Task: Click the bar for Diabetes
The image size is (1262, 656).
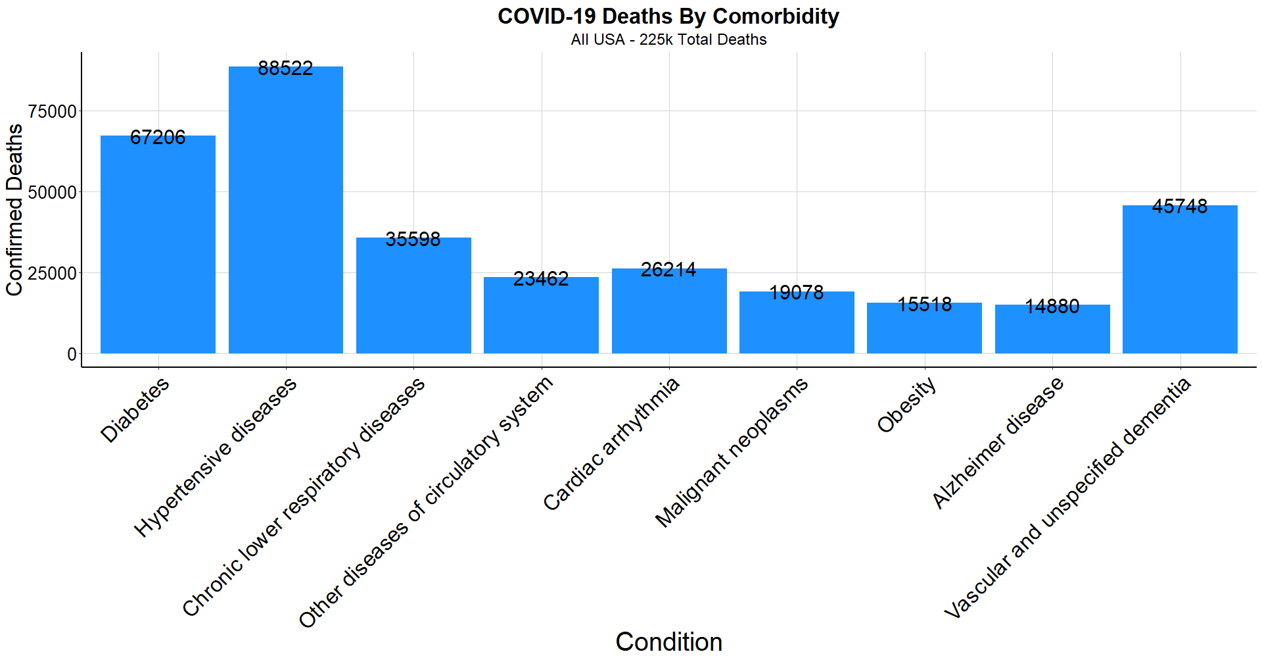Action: (x=158, y=250)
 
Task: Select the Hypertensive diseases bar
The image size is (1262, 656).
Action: (x=285, y=217)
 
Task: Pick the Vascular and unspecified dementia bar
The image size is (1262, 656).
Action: (x=1180, y=283)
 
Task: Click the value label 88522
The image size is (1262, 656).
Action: (x=285, y=68)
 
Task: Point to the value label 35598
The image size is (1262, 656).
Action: (x=413, y=240)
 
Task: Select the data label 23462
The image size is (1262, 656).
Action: (x=541, y=279)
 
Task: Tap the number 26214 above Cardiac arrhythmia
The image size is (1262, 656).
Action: (x=668, y=270)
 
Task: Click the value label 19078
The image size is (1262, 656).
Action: (x=796, y=293)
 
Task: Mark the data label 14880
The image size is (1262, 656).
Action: (x=1052, y=307)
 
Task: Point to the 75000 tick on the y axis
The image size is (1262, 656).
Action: (x=53, y=112)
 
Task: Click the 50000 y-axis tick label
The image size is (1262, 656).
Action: (x=53, y=193)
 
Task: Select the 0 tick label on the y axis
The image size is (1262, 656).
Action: (x=72, y=355)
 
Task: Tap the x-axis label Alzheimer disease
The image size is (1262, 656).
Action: (x=997, y=443)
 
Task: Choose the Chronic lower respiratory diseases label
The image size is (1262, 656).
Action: (x=304, y=497)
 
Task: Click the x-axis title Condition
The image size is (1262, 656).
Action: (x=668, y=642)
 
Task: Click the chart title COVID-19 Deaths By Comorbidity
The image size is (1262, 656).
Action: (x=668, y=16)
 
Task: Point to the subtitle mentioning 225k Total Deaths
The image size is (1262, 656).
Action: (x=668, y=39)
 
